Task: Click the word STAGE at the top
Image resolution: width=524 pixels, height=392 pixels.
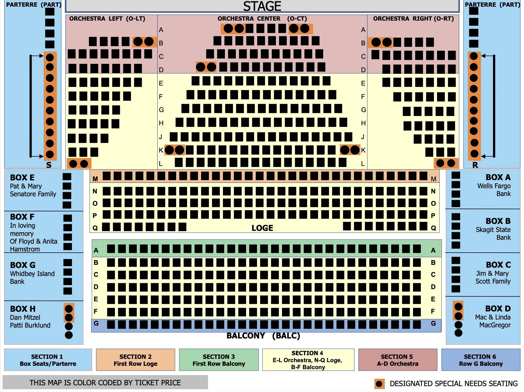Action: click(262, 6)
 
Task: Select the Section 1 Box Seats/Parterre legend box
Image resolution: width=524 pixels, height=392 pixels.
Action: click(48, 360)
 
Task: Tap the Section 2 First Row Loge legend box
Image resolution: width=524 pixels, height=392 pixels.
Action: click(135, 360)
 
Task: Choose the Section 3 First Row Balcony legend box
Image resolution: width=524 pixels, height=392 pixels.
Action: click(219, 360)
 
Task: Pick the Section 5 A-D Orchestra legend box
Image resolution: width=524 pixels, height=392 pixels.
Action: click(397, 360)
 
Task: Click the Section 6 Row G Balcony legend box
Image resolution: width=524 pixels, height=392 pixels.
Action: click(481, 360)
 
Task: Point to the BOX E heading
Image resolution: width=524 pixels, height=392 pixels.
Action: click(22, 178)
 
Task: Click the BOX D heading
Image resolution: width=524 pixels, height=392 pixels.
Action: click(498, 309)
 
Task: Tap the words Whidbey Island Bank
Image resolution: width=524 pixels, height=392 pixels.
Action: click(32, 277)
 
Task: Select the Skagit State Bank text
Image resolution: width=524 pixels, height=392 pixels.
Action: click(493, 233)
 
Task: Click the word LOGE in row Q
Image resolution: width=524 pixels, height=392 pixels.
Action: click(262, 228)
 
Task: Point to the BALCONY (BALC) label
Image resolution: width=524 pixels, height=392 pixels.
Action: click(263, 336)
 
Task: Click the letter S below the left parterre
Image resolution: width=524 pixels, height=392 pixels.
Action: click(49, 165)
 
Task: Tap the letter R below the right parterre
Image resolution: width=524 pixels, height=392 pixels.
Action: click(475, 165)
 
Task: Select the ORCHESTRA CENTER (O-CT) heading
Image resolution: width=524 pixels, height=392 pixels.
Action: click(262, 19)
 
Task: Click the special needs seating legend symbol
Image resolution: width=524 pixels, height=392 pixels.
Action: click(379, 384)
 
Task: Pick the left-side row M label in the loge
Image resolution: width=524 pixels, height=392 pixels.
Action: click(95, 179)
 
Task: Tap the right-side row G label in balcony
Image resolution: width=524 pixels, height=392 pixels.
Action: click(433, 323)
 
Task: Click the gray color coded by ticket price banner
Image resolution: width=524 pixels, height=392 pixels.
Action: click(105, 383)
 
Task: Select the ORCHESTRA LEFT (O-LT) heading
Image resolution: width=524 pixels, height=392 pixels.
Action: click(107, 19)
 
